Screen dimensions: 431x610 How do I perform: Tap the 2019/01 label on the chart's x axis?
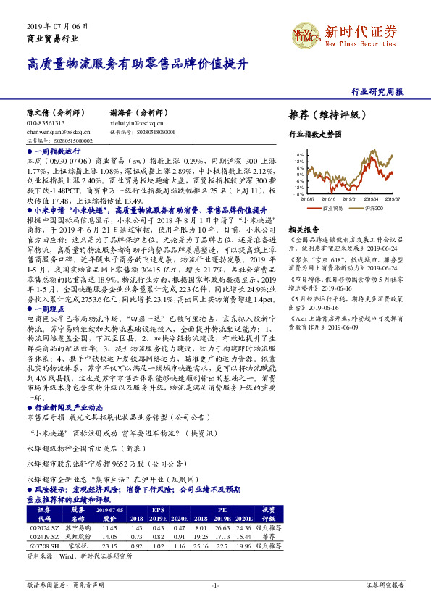pos(351,199)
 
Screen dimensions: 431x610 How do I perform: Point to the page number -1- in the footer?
pos(215,584)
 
